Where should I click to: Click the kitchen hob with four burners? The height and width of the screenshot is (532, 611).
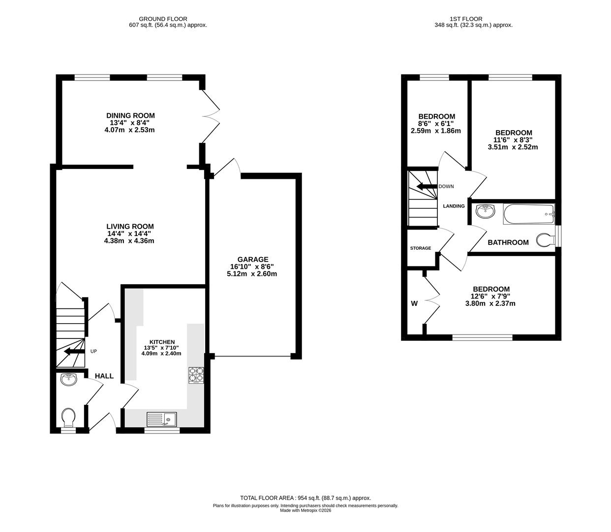(196, 375)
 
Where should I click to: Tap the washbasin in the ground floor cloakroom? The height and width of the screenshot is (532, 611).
(69, 380)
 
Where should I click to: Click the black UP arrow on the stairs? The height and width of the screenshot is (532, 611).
(71, 352)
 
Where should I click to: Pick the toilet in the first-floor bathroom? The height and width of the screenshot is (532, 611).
(545, 240)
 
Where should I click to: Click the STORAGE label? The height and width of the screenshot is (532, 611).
(421, 248)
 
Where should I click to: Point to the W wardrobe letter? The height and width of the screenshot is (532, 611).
(414, 303)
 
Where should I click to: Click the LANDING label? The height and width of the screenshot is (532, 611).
(454, 206)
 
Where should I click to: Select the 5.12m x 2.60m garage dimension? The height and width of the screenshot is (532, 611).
(252, 274)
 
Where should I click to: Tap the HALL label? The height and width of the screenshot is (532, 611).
(104, 376)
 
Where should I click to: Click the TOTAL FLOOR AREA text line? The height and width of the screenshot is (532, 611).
(305, 498)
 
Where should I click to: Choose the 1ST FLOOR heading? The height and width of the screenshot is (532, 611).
(473, 19)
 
